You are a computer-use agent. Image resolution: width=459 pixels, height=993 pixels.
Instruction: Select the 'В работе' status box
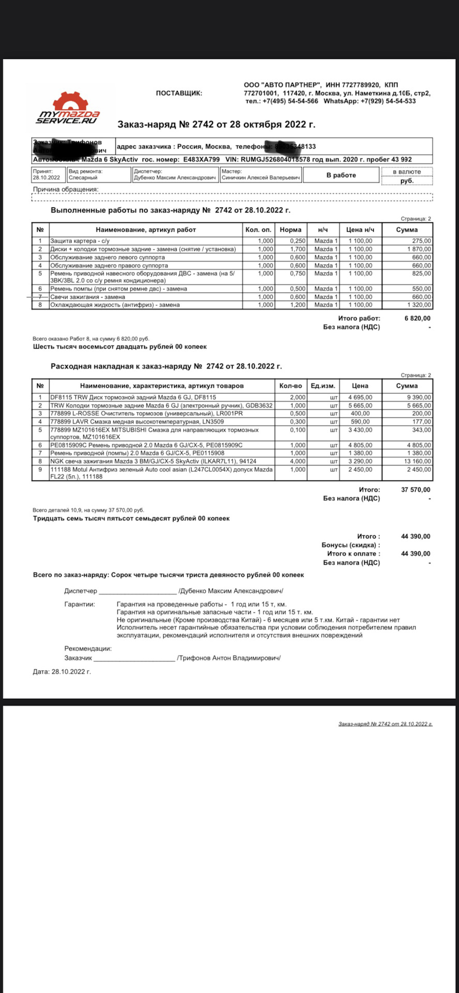(341, 175)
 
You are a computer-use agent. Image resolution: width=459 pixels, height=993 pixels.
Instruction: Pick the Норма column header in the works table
(290, 230)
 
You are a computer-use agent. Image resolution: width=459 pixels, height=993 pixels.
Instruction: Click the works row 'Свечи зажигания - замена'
(88, 297)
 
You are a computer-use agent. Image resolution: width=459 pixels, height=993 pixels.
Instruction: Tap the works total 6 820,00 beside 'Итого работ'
(417, 319)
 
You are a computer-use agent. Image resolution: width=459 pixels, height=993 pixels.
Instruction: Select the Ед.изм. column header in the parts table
(323, 386)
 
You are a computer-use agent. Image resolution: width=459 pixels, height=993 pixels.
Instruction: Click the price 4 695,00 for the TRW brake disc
(360, 397)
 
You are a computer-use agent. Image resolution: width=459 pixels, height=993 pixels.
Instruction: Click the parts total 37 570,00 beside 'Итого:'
(416, 490)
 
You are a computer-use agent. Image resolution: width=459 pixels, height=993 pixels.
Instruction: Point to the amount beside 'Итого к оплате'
(416, 554)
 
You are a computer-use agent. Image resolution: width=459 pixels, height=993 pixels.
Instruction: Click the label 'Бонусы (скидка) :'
(350, 545)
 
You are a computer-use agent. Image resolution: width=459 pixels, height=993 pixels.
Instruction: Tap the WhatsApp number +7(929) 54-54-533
(388, 101)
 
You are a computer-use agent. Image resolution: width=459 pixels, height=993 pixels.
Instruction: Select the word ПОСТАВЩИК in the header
(179, 93)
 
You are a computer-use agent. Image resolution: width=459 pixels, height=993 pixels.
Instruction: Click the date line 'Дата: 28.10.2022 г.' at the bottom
(62, 672)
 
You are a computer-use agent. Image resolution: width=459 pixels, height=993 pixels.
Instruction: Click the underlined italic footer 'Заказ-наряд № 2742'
(385, 724)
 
